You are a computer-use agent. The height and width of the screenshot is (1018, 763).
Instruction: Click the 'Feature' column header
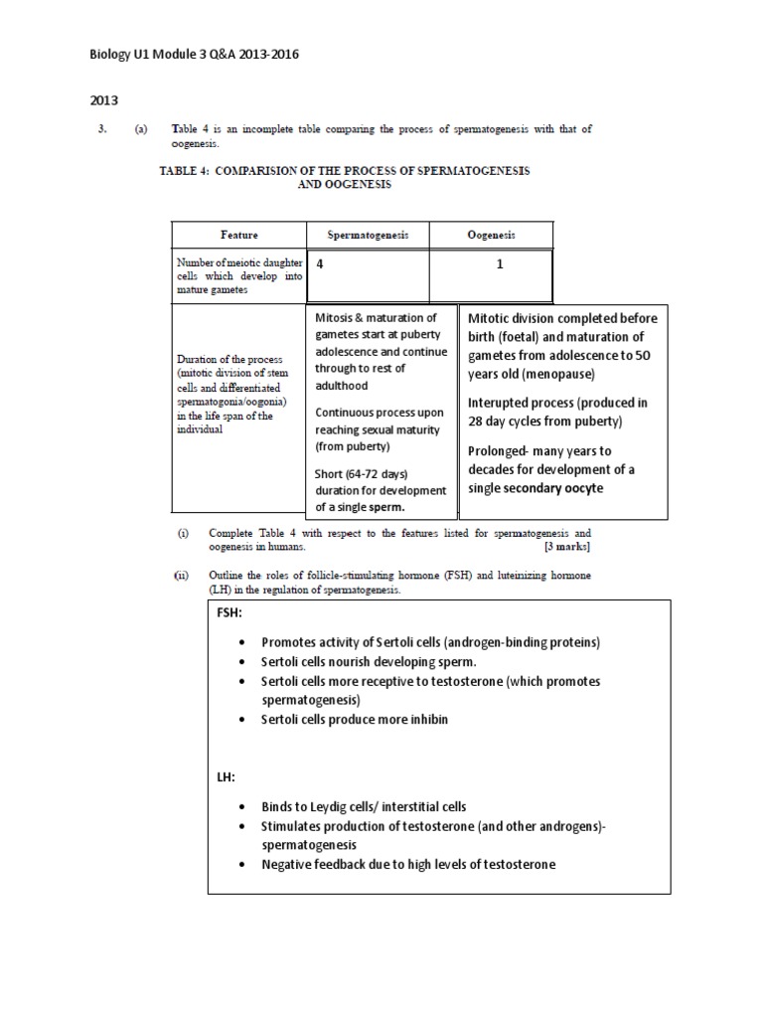click(238, 235)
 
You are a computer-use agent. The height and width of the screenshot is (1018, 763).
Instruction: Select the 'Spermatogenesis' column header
click(368, 235)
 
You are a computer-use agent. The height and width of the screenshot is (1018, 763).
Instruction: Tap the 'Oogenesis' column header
click(491, 235)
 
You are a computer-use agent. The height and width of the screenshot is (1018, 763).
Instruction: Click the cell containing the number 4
click(320, 264)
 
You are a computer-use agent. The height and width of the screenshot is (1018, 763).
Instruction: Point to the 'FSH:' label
click(229, 613)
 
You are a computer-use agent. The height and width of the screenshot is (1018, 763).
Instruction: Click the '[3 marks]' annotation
click(567, 548)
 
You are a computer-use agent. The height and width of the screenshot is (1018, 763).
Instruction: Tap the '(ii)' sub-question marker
click(183, 576)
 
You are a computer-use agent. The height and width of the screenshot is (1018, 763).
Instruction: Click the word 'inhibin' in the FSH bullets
click(424, 719)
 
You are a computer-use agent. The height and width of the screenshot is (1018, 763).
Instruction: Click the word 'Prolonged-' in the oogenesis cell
click(503, 451)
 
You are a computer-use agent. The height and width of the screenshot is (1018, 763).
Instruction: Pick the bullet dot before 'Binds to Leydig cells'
click(244, 807)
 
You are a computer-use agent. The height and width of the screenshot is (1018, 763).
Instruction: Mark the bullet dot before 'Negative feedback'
click(244, 865)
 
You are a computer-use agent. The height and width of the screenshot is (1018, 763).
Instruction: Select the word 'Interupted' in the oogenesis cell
click(502, 403)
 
